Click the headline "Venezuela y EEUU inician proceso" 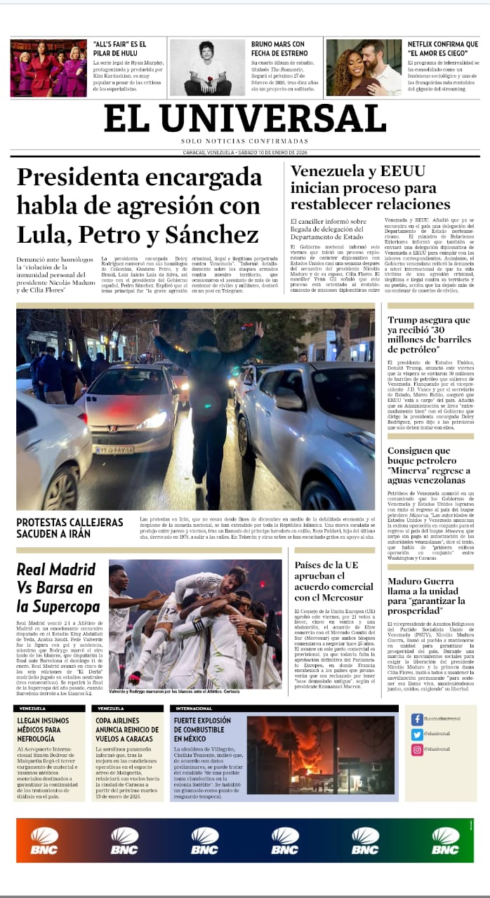(370, 187)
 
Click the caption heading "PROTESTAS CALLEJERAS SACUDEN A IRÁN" (70, 528)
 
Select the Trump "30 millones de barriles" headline (429, 335)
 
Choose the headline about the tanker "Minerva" (426, 466)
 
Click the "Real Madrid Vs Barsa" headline (58, 588)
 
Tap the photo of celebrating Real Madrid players (195, 623)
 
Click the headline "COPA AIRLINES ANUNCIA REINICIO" (126, 730)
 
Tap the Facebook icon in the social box (417, 719)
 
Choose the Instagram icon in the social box (417, 750)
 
